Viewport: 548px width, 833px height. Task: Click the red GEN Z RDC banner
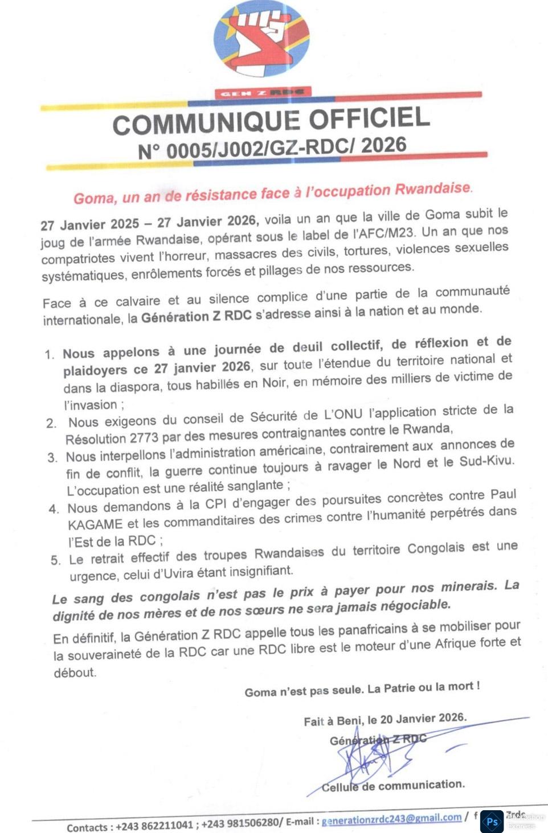[x=263, y=92]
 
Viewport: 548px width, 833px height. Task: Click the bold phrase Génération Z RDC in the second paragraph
[x=196, y=316]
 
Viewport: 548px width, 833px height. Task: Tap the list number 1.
[x=50, y=355]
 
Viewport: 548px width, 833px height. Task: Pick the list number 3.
[x=52, y=458]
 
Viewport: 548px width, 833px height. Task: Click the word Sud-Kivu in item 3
[x=486, y=461]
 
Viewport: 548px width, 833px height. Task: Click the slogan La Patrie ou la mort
[x=423, y=687]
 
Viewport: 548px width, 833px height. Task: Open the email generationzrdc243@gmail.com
[x=391, y=819]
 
